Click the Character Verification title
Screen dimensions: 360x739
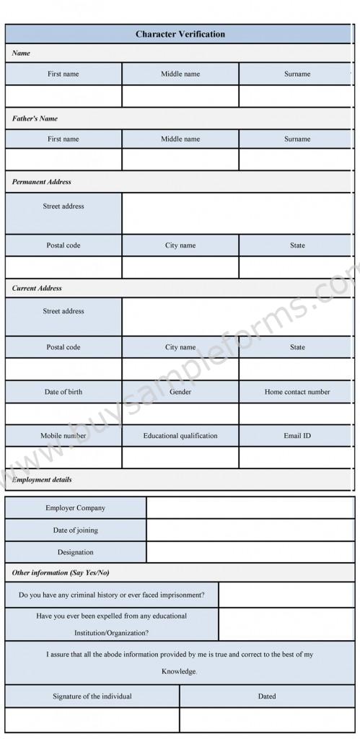click(x=180, y=34)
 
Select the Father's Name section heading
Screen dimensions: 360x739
click(x=35, y=118)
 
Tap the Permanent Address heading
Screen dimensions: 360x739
click(x=42, y=182)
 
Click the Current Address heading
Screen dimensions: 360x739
click(x=38, y=288)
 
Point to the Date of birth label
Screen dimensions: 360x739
click(x=63, y=392)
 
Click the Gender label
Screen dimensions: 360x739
click(x=180, y=392)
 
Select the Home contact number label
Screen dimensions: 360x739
click(x=297, y=392)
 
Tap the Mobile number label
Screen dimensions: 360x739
click(x=63, y=436)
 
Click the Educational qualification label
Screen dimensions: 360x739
click(x=180, y=436)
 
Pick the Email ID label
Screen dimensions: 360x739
click(x=297, y=436)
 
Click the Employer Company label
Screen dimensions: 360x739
click(x=76, y=508)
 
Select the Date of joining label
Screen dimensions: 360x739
click(x=76, y=530)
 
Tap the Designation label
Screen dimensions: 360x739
click(x=76, y=552)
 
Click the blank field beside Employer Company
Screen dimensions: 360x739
click(x=250, y=508)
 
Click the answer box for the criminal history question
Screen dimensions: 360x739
click(x=286, y=595)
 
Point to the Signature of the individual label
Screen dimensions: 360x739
click(x=92, y=696)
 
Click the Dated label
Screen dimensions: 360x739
click(x=267, y=696)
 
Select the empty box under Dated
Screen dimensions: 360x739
click(x=267, y=720)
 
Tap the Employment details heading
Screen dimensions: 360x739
click(x=42, y=479)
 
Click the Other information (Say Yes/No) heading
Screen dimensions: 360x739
click(x=61, y=572)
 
